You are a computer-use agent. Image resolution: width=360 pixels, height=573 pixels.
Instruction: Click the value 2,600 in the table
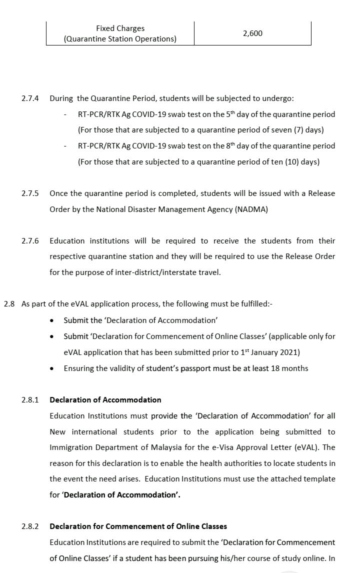(252, 33)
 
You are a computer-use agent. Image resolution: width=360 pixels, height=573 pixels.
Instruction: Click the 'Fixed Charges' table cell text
(120, 28)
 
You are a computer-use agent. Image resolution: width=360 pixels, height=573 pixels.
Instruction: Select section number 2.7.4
(30, 98)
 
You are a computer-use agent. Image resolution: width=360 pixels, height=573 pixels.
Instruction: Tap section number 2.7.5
(30, 193)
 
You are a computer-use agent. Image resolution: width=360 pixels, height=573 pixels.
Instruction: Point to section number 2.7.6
(30, 241)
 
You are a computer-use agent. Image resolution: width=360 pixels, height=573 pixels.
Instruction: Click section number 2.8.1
(30, 400)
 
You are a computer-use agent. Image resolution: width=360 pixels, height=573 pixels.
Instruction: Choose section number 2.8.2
(30, 526)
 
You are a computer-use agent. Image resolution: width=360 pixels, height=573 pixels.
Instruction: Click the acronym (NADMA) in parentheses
(251, 209)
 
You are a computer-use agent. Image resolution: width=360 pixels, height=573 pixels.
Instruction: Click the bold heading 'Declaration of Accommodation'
(105, 400)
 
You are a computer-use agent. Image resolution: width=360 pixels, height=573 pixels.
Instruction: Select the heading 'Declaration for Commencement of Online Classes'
(138, 526)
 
